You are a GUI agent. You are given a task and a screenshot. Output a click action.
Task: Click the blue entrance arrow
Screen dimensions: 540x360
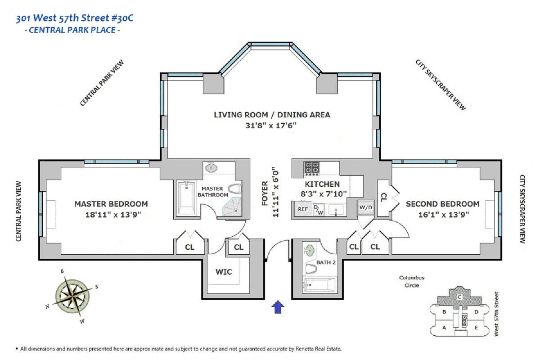click(278, 307)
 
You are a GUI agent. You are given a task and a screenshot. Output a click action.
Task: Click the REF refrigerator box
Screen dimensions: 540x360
click(302, 209)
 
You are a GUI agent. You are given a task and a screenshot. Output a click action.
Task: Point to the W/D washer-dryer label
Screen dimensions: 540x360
click(366, 207)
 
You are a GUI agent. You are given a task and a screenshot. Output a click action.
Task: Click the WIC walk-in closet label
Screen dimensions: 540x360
click(224, 272)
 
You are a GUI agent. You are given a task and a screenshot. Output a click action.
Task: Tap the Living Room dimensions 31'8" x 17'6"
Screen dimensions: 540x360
click(271, 126)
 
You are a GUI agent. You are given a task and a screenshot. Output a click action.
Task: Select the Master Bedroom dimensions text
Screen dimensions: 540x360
click(113, 214)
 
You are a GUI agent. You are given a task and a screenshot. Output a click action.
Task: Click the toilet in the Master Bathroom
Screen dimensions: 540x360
click(234, 189)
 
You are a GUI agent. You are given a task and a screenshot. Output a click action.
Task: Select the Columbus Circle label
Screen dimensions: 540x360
click(412, 281)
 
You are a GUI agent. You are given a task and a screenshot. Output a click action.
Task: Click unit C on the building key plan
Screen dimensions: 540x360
click(459, 297)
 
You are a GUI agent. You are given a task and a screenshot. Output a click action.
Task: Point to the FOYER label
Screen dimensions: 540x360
click(265, 193)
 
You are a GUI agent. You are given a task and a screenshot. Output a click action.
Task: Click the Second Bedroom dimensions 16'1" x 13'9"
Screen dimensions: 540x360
click(444, 214)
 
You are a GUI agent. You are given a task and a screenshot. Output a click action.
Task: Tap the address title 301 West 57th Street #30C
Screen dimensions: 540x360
click(74, 18)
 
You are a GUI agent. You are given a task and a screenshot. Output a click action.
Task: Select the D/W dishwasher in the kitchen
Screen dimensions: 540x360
click(318, 210)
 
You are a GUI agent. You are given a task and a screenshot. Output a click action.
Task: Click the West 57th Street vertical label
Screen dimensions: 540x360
click(496, 314)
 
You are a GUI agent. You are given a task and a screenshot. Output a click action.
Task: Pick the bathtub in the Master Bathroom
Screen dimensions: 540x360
click(186, 198)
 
